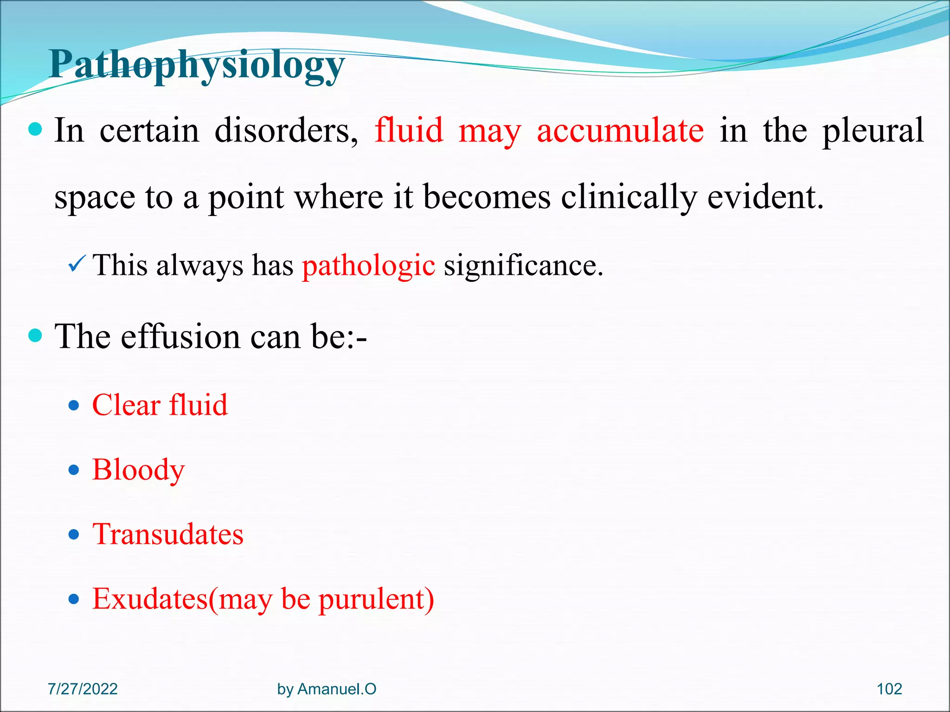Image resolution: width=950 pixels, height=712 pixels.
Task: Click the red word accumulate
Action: pos(620,131)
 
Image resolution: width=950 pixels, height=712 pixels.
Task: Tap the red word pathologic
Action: pos(368,266)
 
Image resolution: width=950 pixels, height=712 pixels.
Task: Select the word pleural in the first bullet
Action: pos(873,131)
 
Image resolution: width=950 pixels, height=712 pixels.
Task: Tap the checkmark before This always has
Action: pos(76,265)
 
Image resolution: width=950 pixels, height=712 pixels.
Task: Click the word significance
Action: pos(523,266)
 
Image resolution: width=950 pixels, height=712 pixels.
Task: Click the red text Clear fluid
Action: pos(160,405)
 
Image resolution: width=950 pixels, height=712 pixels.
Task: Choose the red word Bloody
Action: pos(138,470)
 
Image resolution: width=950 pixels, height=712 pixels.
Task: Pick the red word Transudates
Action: pos(168,534)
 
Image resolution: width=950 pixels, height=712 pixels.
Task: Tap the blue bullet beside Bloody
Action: pos(74,470)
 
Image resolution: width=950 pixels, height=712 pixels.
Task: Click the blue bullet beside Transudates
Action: pos(74,535)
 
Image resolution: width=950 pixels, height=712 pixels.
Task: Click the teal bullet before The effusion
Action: pos(35,335)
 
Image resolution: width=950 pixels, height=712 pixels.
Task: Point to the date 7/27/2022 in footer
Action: pos(83,689)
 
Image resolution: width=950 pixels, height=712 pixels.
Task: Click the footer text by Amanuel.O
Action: pos(327,689)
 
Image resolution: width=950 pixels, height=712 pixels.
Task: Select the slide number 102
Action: pos(889,689)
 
